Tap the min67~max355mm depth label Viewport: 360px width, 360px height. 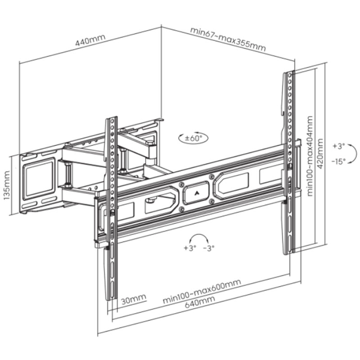228,39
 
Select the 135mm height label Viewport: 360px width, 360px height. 7,185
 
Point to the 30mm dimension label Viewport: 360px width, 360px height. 133,299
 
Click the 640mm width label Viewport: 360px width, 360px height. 200,301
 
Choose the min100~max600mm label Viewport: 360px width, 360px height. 202,291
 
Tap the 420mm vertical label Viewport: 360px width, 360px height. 320,153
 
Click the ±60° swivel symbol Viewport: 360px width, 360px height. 193,138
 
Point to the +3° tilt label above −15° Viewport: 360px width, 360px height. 339,146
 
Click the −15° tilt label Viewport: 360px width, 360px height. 338,162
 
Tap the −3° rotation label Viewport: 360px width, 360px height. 209,248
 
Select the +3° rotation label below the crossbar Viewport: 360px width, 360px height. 190,248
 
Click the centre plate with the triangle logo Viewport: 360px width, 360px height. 196,193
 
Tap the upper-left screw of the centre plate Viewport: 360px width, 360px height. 181,184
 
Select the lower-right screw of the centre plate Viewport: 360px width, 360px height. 212,202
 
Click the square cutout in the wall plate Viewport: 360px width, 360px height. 39,179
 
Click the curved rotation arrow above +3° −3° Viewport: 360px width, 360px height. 199,235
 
